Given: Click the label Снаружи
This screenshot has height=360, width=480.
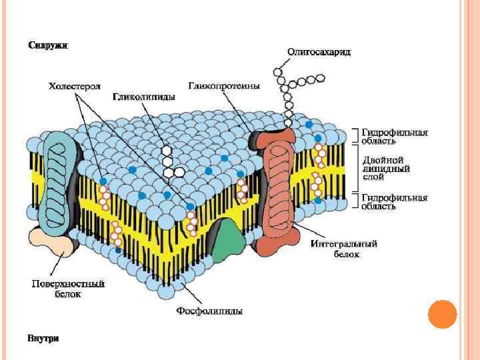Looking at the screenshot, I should click(47, 45).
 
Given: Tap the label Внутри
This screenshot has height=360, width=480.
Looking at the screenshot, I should click(43, 338).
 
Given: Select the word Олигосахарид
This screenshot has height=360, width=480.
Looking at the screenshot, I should click(319, 51).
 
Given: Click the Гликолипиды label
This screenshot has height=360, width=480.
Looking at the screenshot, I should click(143, 97).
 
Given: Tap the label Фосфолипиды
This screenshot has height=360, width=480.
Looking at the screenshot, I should click(209, 311).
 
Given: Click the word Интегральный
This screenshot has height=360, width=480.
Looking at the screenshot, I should click(344, 244).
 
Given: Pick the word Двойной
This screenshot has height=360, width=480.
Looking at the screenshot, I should click(383, 161).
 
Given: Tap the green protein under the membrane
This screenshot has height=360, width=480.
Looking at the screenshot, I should click(229, 237).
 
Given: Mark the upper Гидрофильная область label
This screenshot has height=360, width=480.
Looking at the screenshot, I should click(394, 136).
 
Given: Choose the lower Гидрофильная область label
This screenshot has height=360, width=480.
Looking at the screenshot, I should click(394, 202).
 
